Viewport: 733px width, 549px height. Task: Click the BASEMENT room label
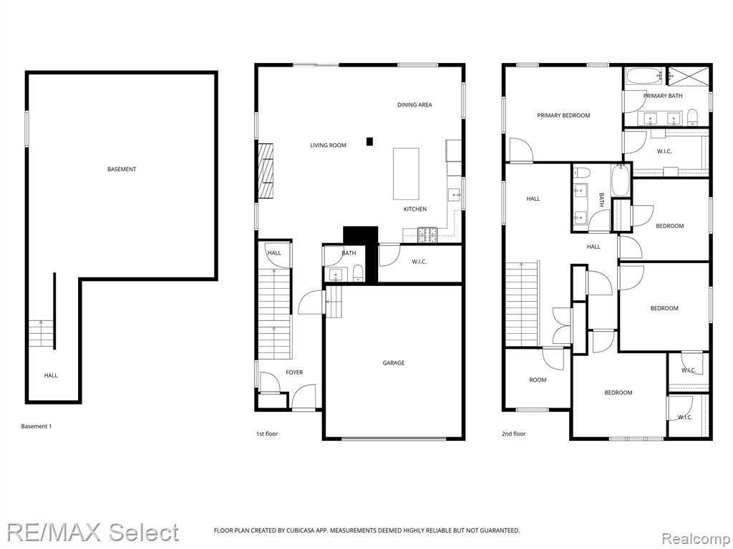[x=122, y=169]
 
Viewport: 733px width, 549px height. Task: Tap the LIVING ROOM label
[x=328, y=145]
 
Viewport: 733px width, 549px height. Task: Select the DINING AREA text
[x=414, y=104]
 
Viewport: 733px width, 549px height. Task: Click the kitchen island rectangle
[x=406, y=174]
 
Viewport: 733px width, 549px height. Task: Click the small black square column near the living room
[x=370, y=141]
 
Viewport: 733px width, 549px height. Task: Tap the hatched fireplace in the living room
[x=266, y=171]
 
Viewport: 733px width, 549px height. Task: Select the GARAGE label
[x=394, y=362]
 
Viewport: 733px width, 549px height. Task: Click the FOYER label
[x=294, y=372]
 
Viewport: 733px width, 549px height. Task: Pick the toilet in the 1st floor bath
[x=358, y=273]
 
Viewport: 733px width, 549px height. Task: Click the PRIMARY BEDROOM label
[x=563, y=115]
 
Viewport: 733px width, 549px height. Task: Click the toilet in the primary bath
[x=692, y=117]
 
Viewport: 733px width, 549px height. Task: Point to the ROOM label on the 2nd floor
[x=538, y=380]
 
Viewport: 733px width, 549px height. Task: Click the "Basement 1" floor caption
[x=36, y=426]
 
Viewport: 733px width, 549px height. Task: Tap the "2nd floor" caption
[x=514, y=434]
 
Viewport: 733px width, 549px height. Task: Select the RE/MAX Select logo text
[x=93, y=533]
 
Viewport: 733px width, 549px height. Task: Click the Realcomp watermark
[x=696, y=539]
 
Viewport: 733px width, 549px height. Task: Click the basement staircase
[x=42, y=333]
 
